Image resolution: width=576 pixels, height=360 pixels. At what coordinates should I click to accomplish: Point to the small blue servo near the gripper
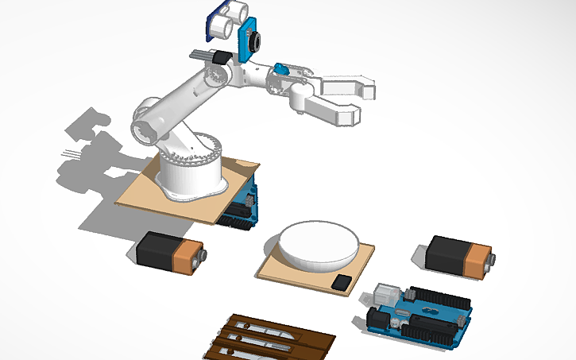[280, 69]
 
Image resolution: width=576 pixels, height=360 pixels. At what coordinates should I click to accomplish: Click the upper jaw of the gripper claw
[350, 86]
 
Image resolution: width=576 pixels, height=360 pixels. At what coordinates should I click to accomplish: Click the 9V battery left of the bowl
[168, 253]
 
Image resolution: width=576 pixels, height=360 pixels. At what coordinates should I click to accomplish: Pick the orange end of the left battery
[191, 257]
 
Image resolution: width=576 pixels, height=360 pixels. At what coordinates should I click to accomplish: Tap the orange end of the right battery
[480, 261]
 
